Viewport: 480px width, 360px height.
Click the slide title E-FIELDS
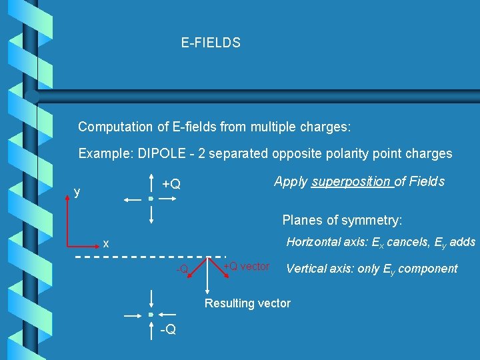pos(210,43)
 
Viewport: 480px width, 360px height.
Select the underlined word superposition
pos(352,181)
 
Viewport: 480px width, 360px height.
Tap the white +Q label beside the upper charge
pos(171,184)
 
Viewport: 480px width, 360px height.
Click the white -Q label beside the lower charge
pos(168,329)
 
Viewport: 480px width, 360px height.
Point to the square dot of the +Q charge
pos(152,199)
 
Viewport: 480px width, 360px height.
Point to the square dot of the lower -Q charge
pos(152,314)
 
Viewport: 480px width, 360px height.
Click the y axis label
pos(77,192)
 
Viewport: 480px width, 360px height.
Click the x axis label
pos(106,243)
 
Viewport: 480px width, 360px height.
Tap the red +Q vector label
pos(246,267)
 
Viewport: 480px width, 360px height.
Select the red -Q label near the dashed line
pos(182,269)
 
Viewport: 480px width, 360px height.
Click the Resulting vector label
pos(247,303)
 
